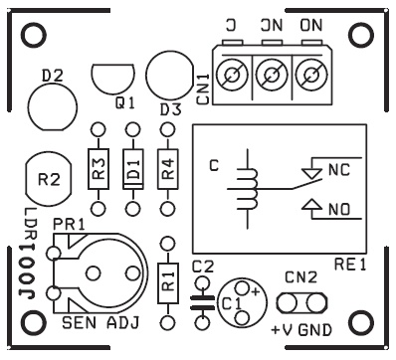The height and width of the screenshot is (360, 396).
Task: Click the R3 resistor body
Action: click(x=99, y=169)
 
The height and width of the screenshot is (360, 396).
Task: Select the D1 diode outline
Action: click(x=133, y=169)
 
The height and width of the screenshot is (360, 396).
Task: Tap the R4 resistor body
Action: click(x=168, y=169)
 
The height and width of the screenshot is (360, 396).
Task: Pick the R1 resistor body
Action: click(x=168, y=283)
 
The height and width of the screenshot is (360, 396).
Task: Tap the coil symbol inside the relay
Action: click(x=248, y=189)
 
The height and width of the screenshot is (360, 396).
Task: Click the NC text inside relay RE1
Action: click(x=339, y=170)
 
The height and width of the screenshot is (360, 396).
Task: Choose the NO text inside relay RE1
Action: click(x=339, y=210)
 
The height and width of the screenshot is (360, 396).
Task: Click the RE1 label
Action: click(x=350, y=265)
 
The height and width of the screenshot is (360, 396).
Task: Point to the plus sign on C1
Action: click(x=255, y=291)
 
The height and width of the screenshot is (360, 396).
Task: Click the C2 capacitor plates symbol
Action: click(x=202, y=303)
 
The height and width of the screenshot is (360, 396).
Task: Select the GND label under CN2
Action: click(x=314, y=330)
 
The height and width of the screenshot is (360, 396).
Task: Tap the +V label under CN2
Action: click(x=283, y=330)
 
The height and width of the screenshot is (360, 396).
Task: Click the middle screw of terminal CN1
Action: click(x=272, y=76)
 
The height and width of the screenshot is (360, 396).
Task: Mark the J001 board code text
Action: click(x=28, y=271)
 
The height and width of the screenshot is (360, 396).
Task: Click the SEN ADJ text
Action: click(x=100, y=322)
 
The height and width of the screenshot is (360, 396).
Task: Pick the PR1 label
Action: click(x=69, y=225)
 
